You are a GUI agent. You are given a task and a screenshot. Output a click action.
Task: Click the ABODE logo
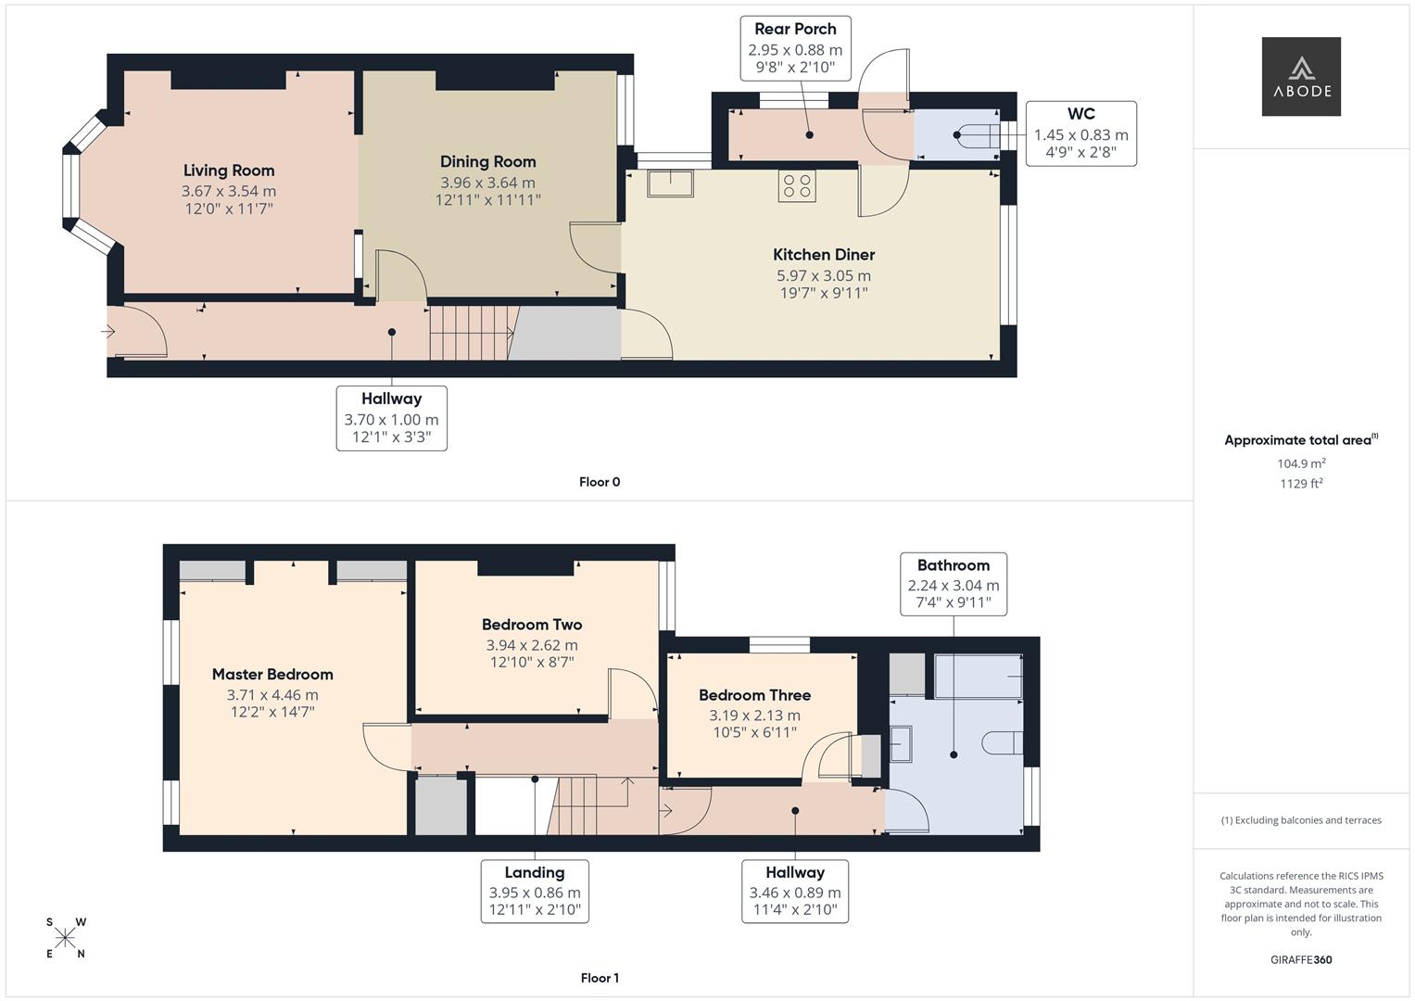(1300, 76)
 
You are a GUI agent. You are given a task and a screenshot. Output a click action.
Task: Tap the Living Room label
(229, 171)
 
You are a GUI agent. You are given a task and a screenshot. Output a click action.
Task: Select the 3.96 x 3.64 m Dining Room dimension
(487, 183)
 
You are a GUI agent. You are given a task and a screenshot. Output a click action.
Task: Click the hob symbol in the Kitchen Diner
(796, 185)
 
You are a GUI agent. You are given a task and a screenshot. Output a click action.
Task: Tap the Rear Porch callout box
(795, 47)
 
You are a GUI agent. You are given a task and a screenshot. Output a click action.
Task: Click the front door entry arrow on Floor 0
(110, 329)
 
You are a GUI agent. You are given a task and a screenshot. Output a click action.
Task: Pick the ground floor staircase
(469, 333)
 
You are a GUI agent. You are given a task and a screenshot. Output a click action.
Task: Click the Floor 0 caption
(600, 482)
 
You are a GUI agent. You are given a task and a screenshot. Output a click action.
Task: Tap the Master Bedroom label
(272, 675)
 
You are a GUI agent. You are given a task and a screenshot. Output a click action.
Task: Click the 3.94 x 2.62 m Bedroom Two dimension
(532, 645)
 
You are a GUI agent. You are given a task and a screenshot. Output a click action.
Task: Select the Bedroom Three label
(754, 695)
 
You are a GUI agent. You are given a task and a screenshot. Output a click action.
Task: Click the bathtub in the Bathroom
(979, 676)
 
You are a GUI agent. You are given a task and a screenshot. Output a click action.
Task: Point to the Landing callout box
(535, 891)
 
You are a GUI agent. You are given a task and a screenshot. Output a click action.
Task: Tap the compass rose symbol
(66, 938)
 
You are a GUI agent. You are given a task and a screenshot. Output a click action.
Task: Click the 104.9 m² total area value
(1301, 463)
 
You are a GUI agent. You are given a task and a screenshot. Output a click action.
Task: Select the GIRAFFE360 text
(1301, 959)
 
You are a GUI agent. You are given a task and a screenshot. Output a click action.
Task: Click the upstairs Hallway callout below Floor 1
(795, 891)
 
